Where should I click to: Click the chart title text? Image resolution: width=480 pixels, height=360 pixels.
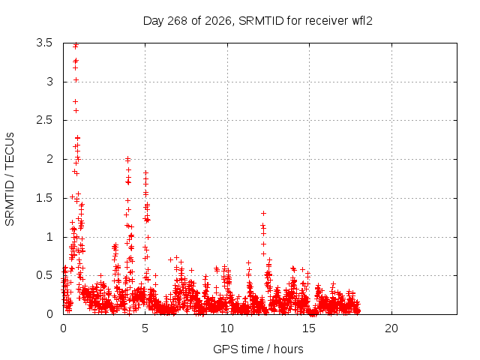pyautogui.click(x=258, y=21)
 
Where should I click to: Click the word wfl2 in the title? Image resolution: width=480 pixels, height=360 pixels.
pyautogui.click(x=362, y=21)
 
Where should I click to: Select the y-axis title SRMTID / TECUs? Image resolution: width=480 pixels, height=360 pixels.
pyautogui.click(x=10, y=179)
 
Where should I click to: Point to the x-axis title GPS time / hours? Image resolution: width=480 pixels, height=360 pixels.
pyautogui.click(x=258, y=349)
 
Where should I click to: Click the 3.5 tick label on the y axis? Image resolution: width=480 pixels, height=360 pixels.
pyautogui.click(x=44, y=43)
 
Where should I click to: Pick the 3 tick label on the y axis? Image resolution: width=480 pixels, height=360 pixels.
pyautogui.click(x=49, y=82)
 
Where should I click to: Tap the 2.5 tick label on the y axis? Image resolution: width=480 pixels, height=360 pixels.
pyautogui.click(x=44, y=120)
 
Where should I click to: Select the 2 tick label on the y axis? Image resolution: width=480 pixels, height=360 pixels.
pyautogui.click(x=49, y=159)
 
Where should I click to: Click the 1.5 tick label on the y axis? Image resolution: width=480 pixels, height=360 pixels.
pyautogui.click(x=44, y=198)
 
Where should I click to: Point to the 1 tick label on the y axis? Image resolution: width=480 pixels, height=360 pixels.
pyautogui.click(x=49, y=237)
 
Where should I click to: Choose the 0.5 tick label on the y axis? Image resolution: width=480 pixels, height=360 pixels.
pyautogui.click(x=44, y=275)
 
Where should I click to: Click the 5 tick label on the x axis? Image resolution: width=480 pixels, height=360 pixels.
pyautogui.click(x=145, y=328)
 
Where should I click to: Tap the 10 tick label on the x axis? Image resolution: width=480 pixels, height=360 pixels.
pyautogui.click(x=227, y=328)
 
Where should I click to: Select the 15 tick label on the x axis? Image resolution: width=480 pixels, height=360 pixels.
pyautogui.click(x=309, y=328)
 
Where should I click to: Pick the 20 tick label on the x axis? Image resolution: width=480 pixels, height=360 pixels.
pyautogui.click(x=391, y=328)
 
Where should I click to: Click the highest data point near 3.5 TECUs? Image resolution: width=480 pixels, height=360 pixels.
pyautogui.click(x=76, y=45)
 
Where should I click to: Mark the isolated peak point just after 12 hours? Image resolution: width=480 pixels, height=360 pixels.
pyautogui.click(x=263, y=213)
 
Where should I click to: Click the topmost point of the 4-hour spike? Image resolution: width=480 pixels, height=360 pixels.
pyautogui.click(x=128, y=159)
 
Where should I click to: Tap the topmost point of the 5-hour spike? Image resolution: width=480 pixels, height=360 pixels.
pyautogui.click(x=145, y=173)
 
